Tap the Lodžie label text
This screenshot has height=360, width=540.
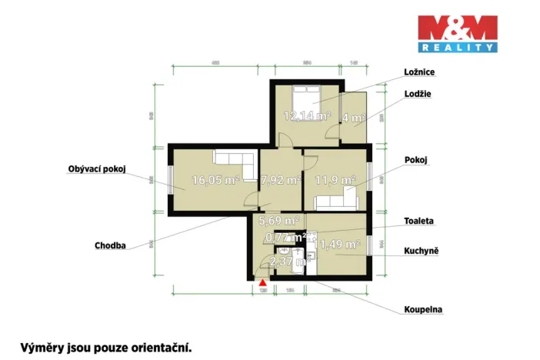[417, 94]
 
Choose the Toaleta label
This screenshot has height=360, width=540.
[419, 221]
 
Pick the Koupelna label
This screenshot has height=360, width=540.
[423, 311]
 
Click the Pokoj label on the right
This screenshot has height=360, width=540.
[415, 160]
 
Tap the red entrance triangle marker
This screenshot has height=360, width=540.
[262, 283]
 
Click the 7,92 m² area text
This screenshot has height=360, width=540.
[280, 181]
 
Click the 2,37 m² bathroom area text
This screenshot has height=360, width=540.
[291, 262]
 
